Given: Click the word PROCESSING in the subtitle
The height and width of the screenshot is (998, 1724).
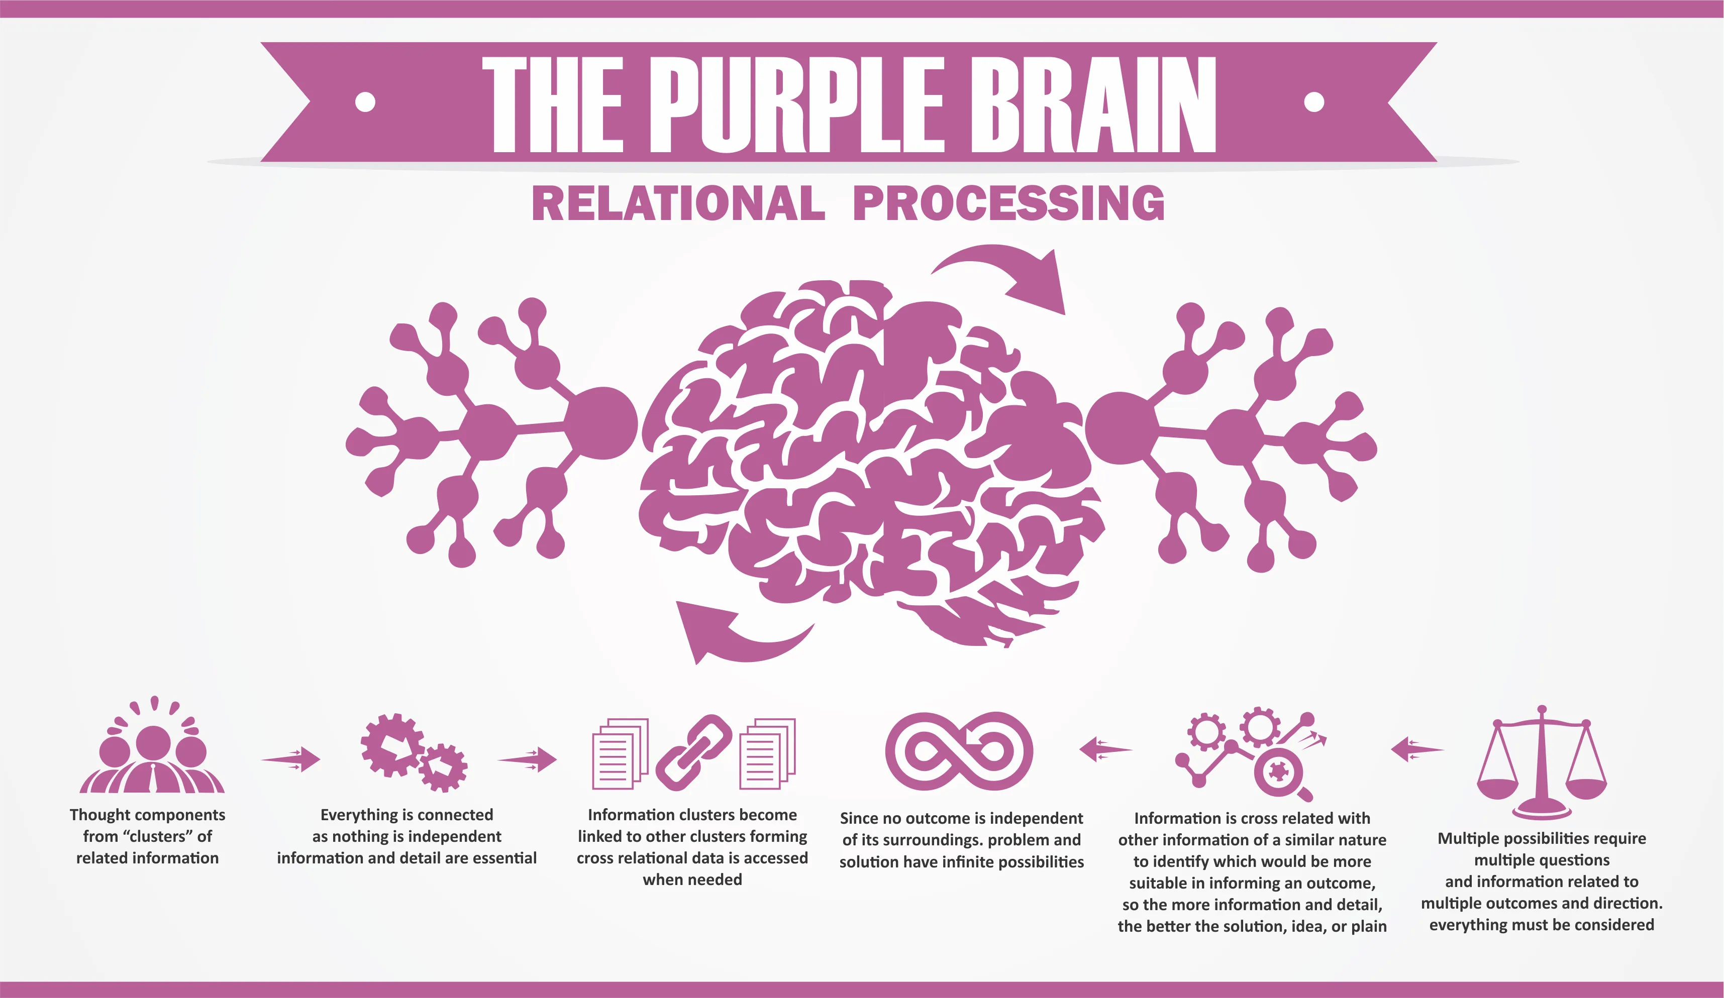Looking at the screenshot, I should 1008,204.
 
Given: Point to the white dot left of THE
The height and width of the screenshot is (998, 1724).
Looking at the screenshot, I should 366,102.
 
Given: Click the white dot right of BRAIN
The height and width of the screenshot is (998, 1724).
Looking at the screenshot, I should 1313,102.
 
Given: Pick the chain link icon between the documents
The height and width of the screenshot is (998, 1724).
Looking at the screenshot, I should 693,752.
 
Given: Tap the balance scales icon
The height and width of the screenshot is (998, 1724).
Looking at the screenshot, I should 1541,763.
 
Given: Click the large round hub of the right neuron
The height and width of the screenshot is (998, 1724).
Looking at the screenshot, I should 1120,427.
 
